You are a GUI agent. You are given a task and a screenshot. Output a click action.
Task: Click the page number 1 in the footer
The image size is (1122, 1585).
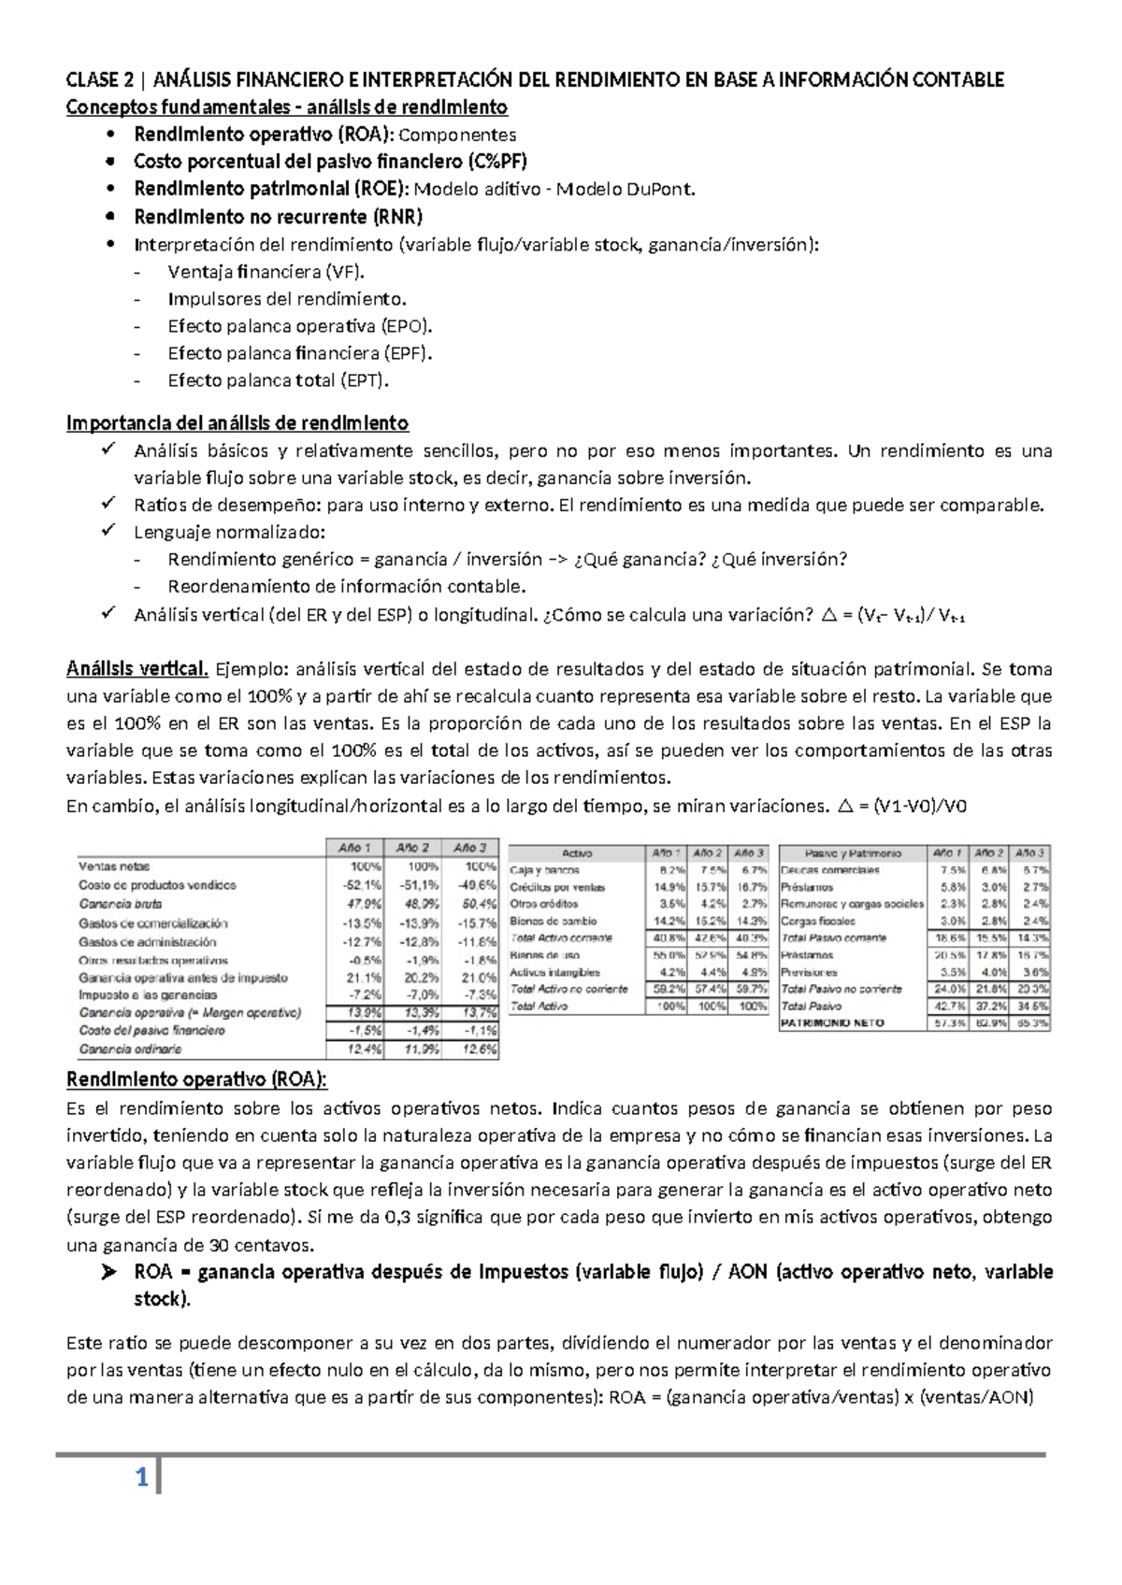142,1478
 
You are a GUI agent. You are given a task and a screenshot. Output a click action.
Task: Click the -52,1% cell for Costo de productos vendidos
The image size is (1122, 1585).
362,884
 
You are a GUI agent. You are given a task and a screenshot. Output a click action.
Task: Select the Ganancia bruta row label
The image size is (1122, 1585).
120,904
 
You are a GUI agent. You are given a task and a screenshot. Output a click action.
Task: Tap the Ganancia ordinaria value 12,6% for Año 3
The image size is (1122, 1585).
478,1050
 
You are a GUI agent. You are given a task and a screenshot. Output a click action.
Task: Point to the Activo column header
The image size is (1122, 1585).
577,853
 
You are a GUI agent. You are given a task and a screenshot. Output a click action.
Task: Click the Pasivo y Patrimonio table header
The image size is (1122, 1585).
853,853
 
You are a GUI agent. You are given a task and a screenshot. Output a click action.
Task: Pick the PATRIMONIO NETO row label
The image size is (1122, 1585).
832,1023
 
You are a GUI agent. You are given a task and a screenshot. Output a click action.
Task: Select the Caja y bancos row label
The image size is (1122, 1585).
544,870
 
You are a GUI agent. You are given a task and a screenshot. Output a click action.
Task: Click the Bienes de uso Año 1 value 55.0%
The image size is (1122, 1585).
668,955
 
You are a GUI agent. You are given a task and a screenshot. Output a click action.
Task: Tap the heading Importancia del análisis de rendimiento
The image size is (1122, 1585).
237,423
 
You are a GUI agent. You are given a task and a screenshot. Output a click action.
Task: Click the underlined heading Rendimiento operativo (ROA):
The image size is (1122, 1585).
196,1079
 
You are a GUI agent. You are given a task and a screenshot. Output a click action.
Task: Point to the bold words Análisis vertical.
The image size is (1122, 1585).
137,668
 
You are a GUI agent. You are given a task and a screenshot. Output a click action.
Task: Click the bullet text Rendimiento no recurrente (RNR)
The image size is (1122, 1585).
278,217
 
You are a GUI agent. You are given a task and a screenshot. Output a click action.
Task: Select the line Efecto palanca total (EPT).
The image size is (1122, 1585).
278,380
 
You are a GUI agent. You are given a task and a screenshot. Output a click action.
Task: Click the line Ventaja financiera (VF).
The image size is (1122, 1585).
266,272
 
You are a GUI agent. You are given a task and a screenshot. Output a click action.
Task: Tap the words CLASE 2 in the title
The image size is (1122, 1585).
93,79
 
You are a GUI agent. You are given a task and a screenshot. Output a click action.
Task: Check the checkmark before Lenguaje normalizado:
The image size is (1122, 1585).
109,532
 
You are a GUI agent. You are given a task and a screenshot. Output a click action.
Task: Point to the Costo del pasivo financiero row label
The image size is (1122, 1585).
151,1031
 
